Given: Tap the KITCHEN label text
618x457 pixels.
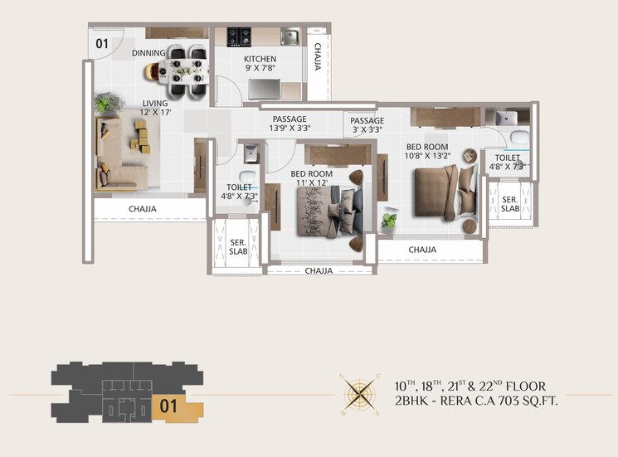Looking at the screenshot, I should coord(260,60).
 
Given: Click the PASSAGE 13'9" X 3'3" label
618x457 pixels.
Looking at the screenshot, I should coord(289,124).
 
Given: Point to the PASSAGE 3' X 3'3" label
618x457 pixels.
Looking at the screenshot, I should coord(367,124).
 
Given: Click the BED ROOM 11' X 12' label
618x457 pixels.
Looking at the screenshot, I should coord(311,179).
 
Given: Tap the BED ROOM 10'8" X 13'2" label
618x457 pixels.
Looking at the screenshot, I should coord(427,151).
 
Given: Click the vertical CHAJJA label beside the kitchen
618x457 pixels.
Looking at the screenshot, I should coord(318,57).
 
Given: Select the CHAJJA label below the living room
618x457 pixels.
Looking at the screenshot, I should coord(142,209).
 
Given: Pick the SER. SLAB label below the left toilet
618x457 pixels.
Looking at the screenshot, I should coord(236,246).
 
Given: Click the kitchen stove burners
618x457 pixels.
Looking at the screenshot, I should coord(241,36).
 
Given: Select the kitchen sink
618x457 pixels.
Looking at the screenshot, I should coord(290,36).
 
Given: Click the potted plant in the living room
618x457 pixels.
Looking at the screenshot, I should coord(105,103).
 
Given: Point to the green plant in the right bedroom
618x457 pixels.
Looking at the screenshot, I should coord(388,221).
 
